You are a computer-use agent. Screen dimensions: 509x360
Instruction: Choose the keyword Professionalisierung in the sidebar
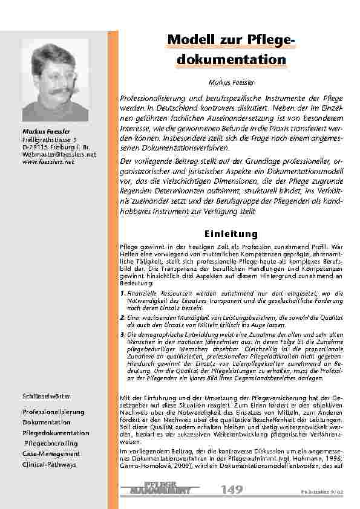(53, 412)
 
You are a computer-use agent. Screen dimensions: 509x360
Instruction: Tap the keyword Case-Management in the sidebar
(51, 453)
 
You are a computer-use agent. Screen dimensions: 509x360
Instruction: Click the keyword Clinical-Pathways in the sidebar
(50, 464)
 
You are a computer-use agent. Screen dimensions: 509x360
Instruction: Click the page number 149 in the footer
(232, 488)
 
